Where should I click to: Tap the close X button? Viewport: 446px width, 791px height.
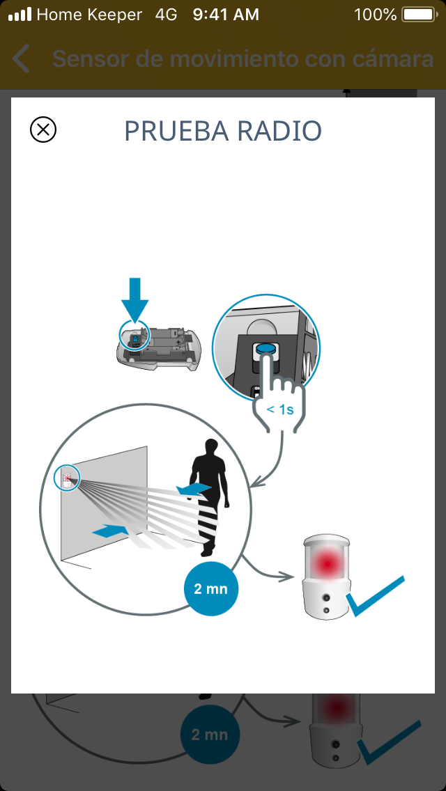(x=43, y=130)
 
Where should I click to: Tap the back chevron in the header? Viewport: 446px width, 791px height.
(x=21, y=58)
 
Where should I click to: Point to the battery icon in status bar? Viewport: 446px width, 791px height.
(x=420, y=15)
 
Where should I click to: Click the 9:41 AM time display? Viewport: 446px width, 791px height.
(x=226, y=15)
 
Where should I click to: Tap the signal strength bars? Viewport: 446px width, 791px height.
(x=20, y=15)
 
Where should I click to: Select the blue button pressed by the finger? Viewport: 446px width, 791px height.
(x=266, y=349)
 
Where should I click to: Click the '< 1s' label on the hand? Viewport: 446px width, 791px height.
(x=280, y=409)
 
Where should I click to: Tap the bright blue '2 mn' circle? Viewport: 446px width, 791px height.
(x=210, y=589)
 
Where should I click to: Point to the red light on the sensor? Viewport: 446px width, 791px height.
(x=326, y=562)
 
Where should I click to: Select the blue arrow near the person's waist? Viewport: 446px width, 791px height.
(x=194, y=488)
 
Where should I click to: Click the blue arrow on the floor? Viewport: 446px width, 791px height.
(x=111, y=531)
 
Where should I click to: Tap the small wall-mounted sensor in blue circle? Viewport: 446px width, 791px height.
(x=67, y=477)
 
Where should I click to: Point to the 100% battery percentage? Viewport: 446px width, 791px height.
(x=376, y=15)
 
